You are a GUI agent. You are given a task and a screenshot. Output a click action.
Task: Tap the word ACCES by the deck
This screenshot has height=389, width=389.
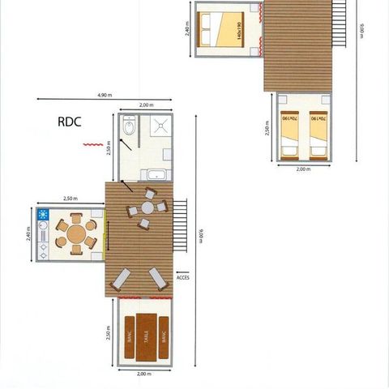[183, 276]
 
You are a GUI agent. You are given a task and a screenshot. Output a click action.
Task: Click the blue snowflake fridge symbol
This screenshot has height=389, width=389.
[43, 216]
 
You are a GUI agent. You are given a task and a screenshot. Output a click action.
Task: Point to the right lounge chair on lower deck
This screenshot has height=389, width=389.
[158, 280]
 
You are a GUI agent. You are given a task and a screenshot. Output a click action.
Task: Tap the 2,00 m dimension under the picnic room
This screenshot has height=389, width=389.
[144, 374]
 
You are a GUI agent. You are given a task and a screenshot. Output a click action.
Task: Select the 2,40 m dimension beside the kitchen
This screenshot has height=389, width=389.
[28, 233]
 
